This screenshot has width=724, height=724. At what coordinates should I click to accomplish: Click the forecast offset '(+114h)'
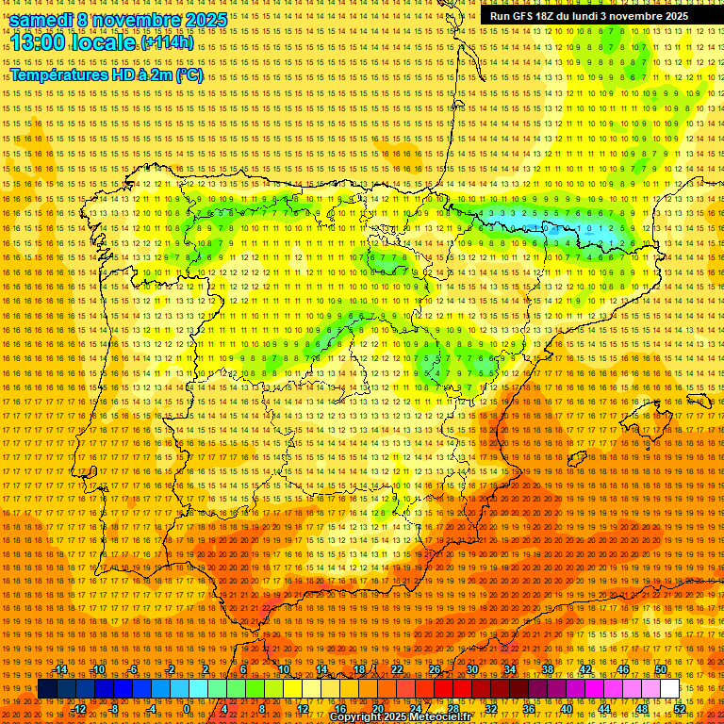tap(168, 42)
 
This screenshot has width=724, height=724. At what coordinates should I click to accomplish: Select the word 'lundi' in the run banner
tap(588, 16)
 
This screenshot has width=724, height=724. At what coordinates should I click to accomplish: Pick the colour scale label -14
tap(60, 669)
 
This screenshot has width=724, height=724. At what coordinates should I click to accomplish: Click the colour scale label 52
tap(680, 708)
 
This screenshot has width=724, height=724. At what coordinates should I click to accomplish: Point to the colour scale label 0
tap(188, 708)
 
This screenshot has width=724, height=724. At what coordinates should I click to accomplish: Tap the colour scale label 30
tap(471, 669)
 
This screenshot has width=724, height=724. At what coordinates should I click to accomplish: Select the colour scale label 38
tap(547, 669)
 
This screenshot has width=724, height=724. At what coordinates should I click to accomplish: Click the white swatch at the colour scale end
tap(669, 688)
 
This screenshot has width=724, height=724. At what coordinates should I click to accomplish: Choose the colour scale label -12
tap(79, 708)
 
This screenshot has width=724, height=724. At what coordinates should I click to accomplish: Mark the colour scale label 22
tap(396, 669)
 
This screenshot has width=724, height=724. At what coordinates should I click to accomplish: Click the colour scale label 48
tap(642, 708)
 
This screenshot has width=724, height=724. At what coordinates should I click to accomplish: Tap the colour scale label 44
tap(604, 708)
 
